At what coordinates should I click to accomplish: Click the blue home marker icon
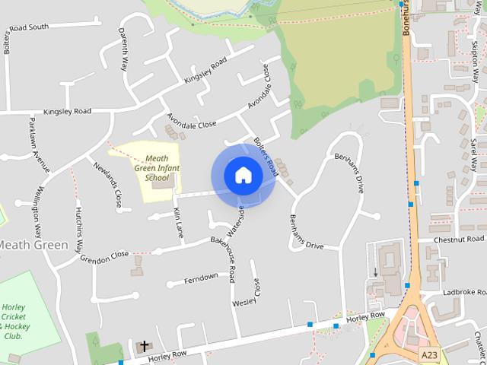click(x=243, y=175)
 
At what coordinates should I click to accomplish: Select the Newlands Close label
click(x=107, y=185)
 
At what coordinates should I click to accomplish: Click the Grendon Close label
click(x=104, y=256)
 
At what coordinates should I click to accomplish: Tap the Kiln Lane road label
click(x=179, y=222)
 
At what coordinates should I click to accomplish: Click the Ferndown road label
click(x=201, y=277)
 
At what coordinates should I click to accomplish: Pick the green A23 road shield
click(x=430, y=354)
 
